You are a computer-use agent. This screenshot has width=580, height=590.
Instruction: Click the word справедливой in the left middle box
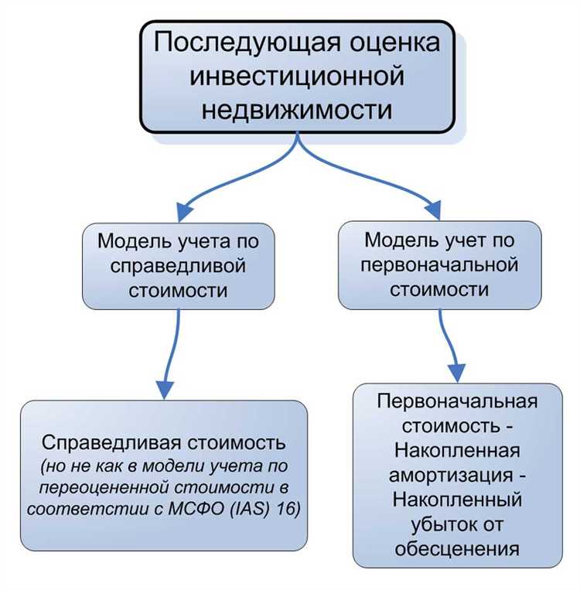click(x=178, y=266)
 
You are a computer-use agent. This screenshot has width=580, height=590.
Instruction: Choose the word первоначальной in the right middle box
click(x=440, y=266)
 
